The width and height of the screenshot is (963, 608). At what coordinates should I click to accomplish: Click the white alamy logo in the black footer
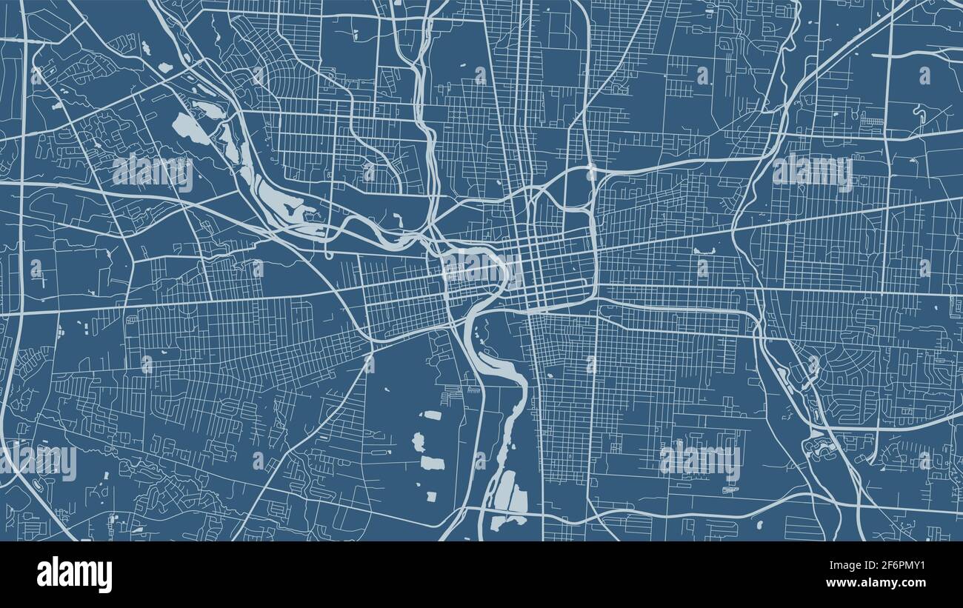[75, 575]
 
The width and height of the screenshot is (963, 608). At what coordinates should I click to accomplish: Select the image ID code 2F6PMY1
[893, 564]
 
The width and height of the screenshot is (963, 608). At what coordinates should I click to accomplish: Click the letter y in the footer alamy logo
[105, 578]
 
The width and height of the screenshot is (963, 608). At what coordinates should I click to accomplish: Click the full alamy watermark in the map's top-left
[153, 172]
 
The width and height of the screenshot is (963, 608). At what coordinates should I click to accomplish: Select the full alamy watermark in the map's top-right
[813, 172]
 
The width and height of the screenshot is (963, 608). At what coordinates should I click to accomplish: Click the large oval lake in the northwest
[190, 129]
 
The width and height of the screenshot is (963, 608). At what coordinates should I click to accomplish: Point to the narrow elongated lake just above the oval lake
[208, 110]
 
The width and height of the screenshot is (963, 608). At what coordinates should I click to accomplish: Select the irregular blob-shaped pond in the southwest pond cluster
[419, 442]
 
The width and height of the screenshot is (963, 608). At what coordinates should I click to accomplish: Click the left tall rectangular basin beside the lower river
[503, 490]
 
